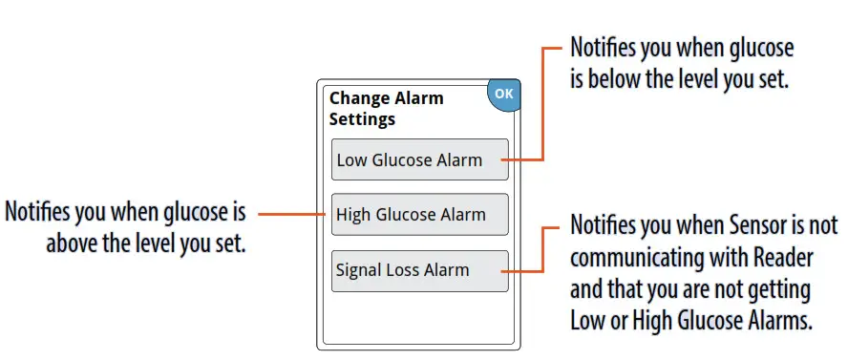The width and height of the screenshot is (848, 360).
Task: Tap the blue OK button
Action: [503, 94]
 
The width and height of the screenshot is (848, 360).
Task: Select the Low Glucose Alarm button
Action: [419, 159]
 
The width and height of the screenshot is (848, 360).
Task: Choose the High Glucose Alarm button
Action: [419, 215]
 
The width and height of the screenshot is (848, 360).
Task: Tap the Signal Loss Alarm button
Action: [419, 270]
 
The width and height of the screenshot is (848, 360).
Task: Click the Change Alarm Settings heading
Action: [386, 109]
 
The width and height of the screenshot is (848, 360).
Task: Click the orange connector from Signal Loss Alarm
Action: [541, 250]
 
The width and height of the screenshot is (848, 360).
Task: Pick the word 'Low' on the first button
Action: [351, 159]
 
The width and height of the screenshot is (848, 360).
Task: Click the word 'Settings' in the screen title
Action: [362, 120]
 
